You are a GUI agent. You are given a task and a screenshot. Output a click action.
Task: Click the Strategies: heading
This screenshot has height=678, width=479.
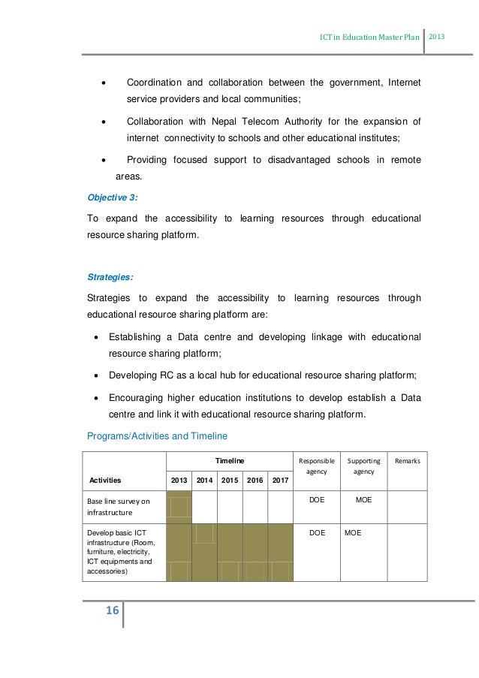[x=111, y=277]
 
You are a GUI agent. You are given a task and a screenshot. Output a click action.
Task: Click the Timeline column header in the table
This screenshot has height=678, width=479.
[x=229, y=460]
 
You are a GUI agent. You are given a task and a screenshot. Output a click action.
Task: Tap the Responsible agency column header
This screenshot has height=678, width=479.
[x=316, y=466]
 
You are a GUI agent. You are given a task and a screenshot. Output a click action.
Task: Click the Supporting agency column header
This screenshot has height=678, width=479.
[x=364, y=466]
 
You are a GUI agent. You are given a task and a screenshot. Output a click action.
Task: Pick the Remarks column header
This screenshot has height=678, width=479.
[x=408, y=460]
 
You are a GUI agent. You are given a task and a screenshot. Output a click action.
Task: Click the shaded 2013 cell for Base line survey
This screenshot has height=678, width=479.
[x=179, y=507]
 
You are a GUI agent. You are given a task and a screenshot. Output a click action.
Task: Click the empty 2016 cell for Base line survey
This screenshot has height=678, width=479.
[x=255, y=507]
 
